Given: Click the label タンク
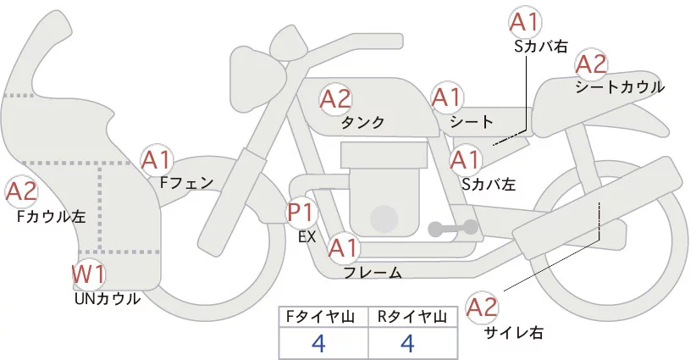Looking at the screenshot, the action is (363, 123).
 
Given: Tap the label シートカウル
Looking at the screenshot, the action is (620, 86).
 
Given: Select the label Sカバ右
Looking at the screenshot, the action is (541, 47).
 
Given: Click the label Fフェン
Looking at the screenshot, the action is (186, 181).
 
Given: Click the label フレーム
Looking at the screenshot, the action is (373, 273).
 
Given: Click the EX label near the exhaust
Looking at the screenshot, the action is (307, 237).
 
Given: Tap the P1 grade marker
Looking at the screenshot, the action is (302, 213).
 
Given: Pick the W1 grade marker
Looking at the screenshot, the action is (88, 274).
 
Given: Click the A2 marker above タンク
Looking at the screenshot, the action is (335, 99).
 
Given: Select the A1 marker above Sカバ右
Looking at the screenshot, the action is (524, 22).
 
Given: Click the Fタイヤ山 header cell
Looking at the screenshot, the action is (323, 316).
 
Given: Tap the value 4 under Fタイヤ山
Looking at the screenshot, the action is (318, 343).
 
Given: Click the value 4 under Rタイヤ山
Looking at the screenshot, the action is (407, 343).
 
